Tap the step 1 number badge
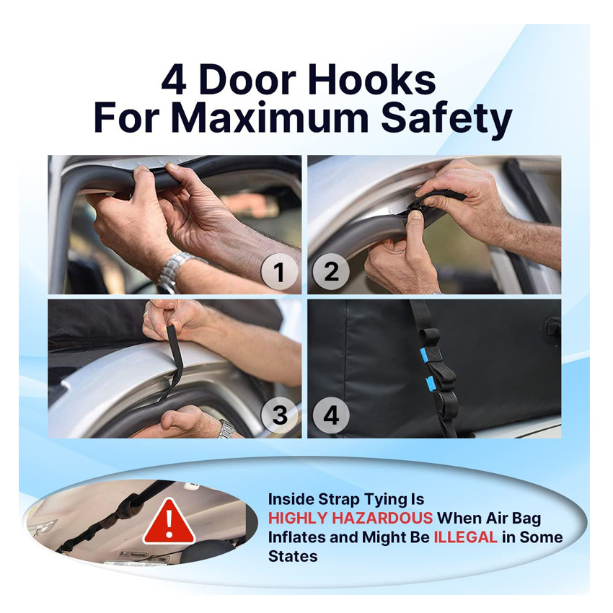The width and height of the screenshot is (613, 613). [x=279, y=272]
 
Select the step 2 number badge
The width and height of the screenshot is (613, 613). [x=331, y=272]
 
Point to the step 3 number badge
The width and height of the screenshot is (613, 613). [x=279, y=415]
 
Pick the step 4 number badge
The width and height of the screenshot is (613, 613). [x=331, y=415]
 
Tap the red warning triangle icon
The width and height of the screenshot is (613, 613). [x=169, y=521]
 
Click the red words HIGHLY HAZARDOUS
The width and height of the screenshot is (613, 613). [x=350, y=518]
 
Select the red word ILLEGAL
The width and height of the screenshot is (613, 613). [x=465, y=537]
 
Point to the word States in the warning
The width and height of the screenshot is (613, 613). [x=292, y=556]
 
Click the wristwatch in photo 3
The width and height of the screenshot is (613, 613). [x=226, y=428]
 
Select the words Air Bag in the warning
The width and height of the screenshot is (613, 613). [x=513, y=519]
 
